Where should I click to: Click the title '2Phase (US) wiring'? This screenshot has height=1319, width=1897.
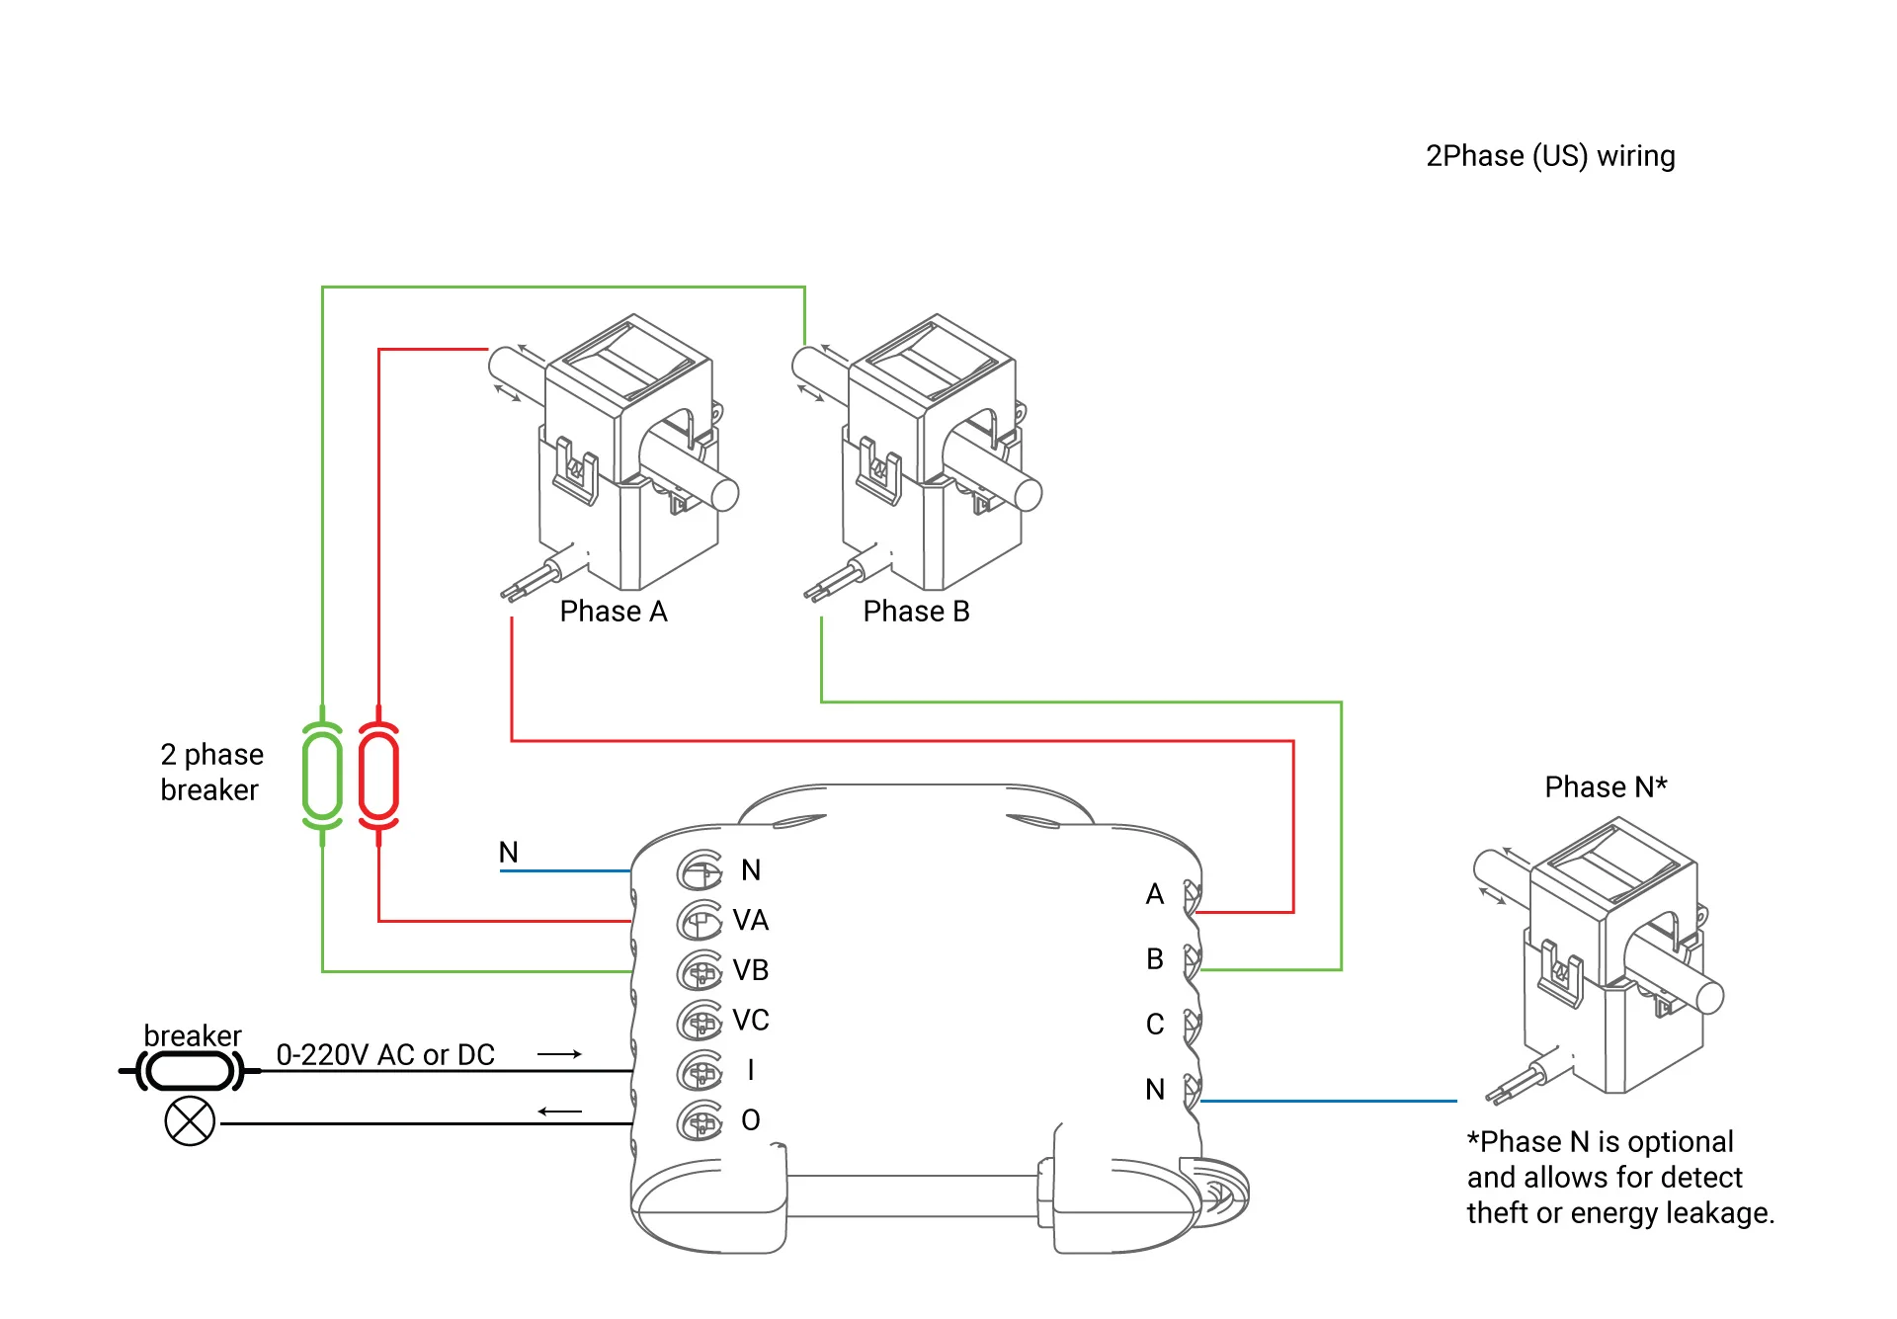point(1549,156)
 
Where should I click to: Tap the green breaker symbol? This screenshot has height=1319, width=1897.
point(322,776)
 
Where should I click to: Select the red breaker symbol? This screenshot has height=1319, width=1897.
point(378,776)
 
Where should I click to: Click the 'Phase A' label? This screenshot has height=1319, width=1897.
point(613,612)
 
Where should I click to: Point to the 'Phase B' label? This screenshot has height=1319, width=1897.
point(916,612)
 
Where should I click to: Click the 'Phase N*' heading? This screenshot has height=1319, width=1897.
point(1606,786)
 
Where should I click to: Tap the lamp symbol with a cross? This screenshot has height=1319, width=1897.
point(190,1121)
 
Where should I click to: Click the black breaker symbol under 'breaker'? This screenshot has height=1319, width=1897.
point(190,1070)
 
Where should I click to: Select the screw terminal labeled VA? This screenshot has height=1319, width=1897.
point(701,921)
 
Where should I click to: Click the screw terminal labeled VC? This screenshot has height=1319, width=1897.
point(701,1021)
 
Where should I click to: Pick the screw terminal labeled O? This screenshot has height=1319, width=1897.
point(701,1121)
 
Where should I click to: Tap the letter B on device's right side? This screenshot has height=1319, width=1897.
point(1154,959)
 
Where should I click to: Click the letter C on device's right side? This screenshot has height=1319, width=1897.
point(1154,1025)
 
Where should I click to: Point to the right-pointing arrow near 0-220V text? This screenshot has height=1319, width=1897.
point(559,1054)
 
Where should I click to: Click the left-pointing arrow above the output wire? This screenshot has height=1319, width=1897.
point(559,1112)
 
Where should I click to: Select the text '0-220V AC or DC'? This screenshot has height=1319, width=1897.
point(385,1055)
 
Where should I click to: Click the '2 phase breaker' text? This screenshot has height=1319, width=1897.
point(211,772)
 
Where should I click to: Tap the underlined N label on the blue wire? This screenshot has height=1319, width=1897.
point(508,852)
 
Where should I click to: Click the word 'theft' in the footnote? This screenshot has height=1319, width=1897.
point(1497,1212)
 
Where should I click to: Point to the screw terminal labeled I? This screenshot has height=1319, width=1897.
point(701,1071)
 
